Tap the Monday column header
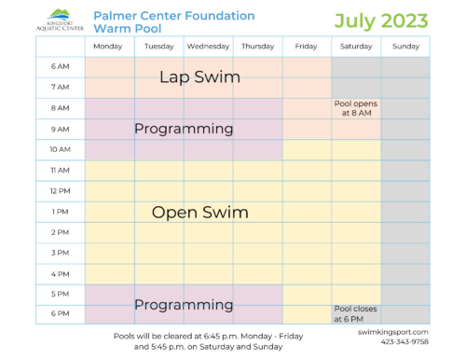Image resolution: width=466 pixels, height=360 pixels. (x=109, y=46)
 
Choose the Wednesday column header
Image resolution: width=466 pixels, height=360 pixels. (x=208, y=46)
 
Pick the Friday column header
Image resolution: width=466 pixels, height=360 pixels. (x=307, y=46)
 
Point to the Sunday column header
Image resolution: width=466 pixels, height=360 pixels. (x=405, y=46)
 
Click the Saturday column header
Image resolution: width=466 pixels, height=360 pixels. (x=356, y=46)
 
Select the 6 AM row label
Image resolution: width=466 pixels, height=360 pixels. (x=60, y=67)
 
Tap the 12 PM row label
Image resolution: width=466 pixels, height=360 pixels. (x=60, y=190)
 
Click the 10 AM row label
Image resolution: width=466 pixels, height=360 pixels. (x=60, y=149)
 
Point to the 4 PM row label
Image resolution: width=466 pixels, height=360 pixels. (x=60, y=273)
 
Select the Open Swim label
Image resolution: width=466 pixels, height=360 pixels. (x=199, y=212)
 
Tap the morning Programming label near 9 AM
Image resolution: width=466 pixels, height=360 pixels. (x=183, y=129)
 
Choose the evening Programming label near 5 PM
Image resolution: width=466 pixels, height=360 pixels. (x=183, y=304)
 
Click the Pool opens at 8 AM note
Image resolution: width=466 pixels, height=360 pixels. (x=356, y=108)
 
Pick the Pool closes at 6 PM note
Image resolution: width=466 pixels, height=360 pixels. (x=355, y=313)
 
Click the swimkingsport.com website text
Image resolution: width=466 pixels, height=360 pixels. (x=392, y=331)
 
